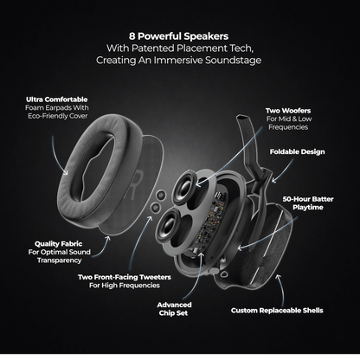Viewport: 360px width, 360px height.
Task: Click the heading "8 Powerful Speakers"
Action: (179, 37)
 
